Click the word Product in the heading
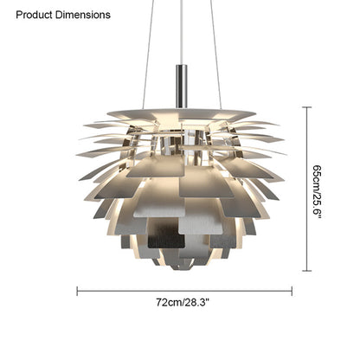click(x=35, y=15)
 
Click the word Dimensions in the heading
click(x=83, y=15)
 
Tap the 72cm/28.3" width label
click(x=183, y=303)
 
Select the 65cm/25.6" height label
click(x=318, y=191)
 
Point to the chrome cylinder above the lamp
click(x=182, y=86)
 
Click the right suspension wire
click(x=215, y=55)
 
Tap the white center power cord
click(x=182, y=32)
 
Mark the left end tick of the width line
click(x=77, y=291)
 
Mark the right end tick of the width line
click(x=292, y=291)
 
